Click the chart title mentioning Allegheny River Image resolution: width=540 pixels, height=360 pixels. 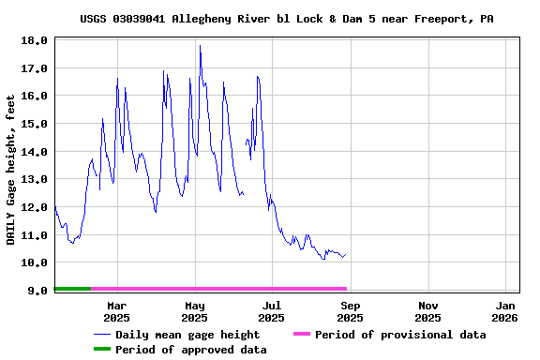[286, 19]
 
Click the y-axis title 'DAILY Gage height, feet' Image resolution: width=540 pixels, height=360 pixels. [11, 170]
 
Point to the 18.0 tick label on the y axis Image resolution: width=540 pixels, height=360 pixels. [34, 40]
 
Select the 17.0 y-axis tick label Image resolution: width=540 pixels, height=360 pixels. [34, 68]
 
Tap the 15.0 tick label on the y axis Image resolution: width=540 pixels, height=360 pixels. [34, 124]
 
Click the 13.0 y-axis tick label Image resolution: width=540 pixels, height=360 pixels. [34, 179]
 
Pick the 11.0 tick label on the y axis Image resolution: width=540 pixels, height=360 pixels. [34, 235]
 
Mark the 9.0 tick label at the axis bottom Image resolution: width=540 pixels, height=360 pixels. [37, 291]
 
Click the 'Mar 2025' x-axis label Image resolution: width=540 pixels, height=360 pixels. [117, 311]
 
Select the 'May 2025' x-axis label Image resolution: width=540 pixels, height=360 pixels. [195, 311]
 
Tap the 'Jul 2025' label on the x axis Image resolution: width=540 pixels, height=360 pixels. [272, 311]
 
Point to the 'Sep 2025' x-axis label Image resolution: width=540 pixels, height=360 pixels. [350, 311]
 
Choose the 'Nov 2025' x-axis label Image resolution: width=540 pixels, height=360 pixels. [428, 311]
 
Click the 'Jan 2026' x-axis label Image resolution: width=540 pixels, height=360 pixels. [505, 311]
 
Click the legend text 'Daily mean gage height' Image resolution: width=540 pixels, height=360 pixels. [187, 335]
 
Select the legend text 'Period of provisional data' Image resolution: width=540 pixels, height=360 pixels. [400, 335]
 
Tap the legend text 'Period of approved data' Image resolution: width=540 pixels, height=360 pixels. [190, 350]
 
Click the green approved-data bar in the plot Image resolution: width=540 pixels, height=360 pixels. [73, 289]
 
